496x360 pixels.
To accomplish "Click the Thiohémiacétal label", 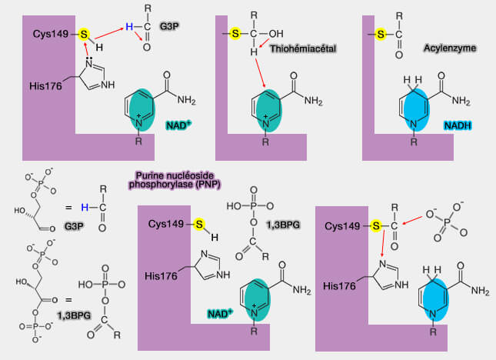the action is click(x=303, y=48).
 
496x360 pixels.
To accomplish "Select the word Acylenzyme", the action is click(x=450, y=48).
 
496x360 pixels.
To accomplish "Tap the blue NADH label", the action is click(x=458, y=125).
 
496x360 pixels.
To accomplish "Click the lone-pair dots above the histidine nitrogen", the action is click(x=89, y=58).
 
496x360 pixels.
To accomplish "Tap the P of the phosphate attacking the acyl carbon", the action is click(x=446, y=223).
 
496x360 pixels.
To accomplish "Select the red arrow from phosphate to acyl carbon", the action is click(x=412, y=221).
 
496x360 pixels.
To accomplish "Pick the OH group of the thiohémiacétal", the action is click(x=276, y=34).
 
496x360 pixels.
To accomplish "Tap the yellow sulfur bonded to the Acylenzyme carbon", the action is click(x=381, y=34).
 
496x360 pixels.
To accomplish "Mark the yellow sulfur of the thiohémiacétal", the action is click(x=235, y=33).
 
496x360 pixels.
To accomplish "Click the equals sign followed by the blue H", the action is click(x=68, y=208).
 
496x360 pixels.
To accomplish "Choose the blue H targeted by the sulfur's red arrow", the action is click(x=129, y=27).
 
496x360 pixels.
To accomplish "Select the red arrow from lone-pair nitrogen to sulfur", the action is click(x=85, y=49).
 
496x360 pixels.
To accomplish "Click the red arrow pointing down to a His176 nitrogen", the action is click(x=383, y=243).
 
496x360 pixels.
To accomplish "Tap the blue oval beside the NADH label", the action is click(x=414, y=110).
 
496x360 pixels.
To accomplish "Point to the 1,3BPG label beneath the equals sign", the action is click(x=74, y=315).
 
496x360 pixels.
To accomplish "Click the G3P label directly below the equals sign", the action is click(x=74, y=226).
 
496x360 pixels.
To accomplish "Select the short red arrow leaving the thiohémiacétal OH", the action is click(x=264, y=43).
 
